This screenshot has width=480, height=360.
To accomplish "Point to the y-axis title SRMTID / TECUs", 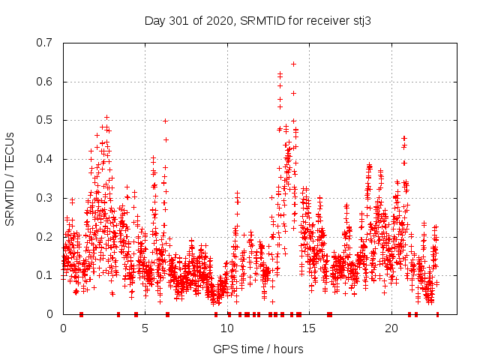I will click(10, 178).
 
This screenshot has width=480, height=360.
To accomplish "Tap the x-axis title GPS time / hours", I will click(258, 349).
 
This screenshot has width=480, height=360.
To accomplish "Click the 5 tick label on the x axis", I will click(145, 328).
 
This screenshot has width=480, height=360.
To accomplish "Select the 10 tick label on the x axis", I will click(227, 328).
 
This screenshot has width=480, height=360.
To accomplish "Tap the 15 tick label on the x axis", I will click(310, 328).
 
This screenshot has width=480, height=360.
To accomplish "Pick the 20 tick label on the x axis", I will click(391, 328).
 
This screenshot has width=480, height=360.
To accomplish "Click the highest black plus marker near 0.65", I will click(293, 64).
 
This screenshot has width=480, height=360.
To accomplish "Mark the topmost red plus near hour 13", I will click(280, 73).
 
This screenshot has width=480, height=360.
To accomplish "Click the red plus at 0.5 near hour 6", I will click(165, 121).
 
